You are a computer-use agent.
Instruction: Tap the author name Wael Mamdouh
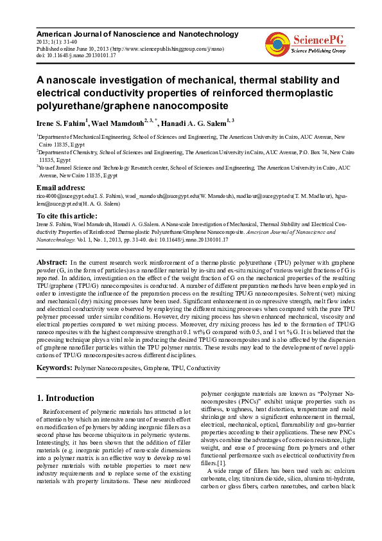[x=118, y=122]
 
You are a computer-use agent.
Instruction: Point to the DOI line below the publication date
[x=76, y=55]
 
